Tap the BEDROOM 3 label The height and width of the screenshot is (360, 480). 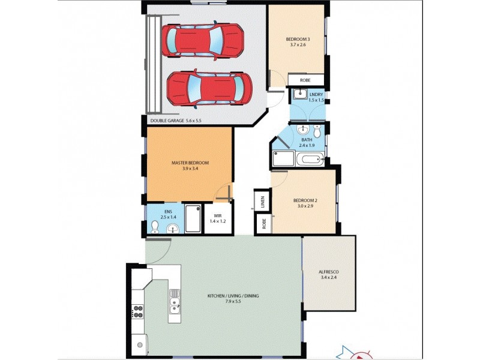coord(298,40)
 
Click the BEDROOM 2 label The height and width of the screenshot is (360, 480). coord(305,200)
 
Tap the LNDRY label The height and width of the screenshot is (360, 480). coord(316,94)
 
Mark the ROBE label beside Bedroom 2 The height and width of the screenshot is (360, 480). coord(263,224)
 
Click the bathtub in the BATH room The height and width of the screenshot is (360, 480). coord(310,160)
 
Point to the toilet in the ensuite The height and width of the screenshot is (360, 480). coord(154,226)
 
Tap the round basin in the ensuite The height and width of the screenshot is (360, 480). coord(173,228)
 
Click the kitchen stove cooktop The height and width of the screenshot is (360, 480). coord(137,312)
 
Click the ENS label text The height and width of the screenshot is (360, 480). coord(168,211)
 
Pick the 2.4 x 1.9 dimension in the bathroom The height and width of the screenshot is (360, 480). coord(307,145)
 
